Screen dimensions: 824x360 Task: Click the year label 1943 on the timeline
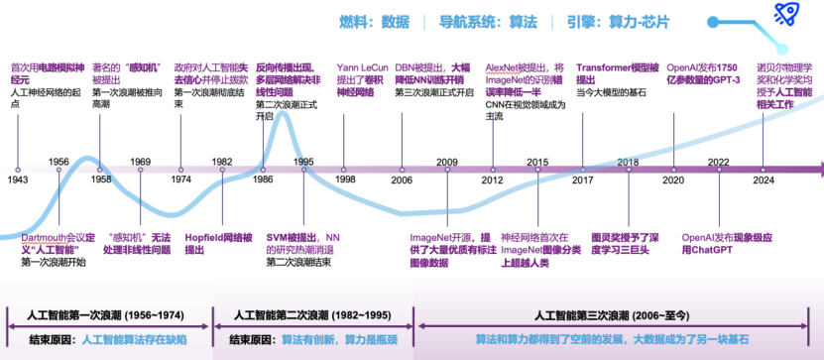[x=18, y=180]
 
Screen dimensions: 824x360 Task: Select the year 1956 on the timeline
[x=59, y=161]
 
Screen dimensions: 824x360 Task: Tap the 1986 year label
[x=263, y=180]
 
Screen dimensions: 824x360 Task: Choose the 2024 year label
[x=764, y=180]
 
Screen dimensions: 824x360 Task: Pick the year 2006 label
[x=402, y=180]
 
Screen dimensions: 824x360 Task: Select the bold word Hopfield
[x=203, y=238]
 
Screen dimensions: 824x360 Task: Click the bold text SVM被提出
[x=290, y=238]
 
